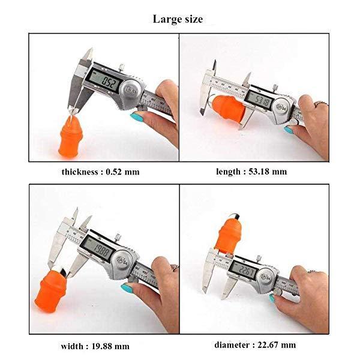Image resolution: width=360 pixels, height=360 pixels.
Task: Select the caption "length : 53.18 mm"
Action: tap(251, 172)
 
